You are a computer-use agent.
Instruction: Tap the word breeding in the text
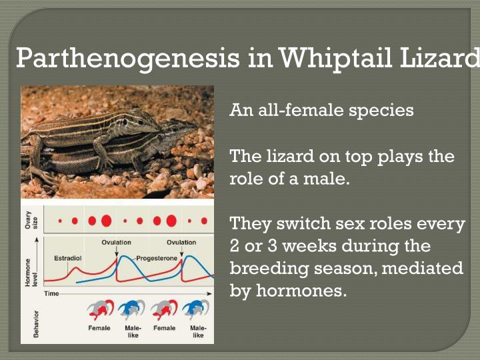[267, 268]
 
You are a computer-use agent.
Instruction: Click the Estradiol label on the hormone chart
[68, 257]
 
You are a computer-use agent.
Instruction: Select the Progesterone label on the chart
[157, 257]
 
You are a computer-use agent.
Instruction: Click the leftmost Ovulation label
[116, 242]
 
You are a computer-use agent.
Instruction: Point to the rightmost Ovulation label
[181, 242]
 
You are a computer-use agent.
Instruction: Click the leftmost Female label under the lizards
[99, 328]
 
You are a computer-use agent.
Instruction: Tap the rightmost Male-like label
[198, 331]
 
